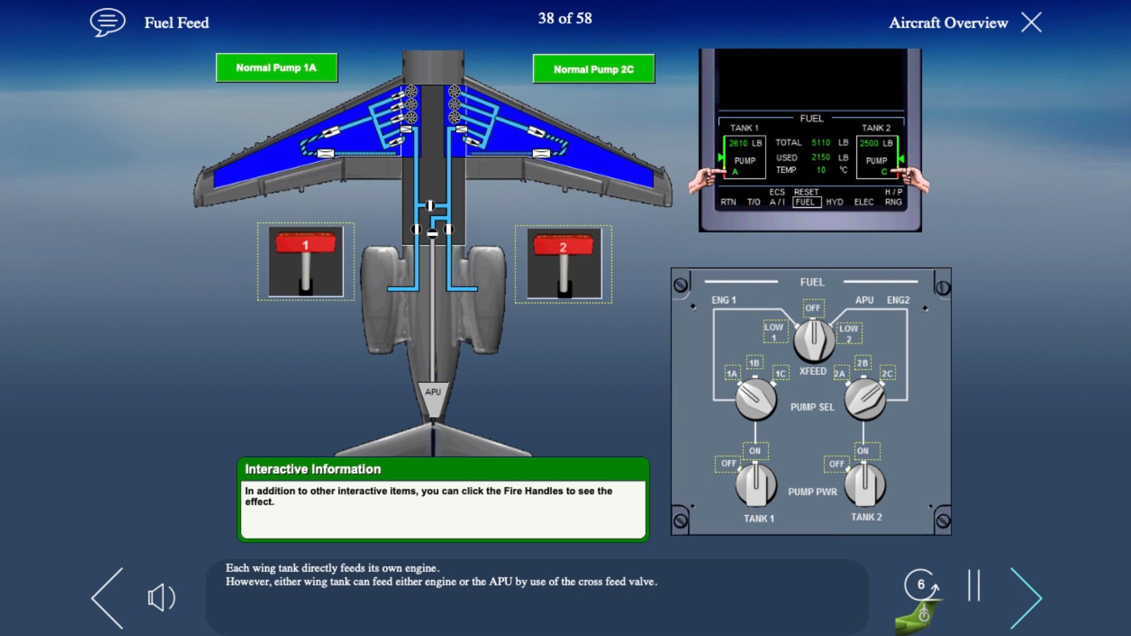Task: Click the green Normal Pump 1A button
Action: tap(276, 68)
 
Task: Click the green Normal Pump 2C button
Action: tap(593, 69)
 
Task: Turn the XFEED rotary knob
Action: tap(813, 340)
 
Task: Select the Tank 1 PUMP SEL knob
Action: tap(756, 399)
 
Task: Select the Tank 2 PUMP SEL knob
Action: tap(864, 399)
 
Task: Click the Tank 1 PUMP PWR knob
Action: tap(755, 485)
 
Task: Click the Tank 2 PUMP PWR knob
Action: tap(864, 484)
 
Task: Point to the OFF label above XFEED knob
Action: tap(813, 308)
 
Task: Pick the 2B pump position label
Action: tap(862, 363)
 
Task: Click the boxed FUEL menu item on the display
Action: tap(805, 202)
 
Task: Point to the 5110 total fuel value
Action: tap(821, 143)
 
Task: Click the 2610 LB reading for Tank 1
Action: tap(745, 143)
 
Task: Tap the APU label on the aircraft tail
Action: tap(433, 392)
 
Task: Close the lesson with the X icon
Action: tap(1031, 22)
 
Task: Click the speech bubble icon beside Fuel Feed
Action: tap(107, 22)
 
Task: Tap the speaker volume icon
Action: tap(161, 598)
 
